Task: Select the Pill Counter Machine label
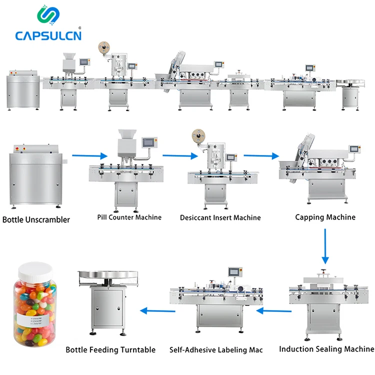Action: (129, 217)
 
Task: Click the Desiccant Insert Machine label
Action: (220, 217)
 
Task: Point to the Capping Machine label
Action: (325, 217)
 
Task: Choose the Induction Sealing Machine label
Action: (326, 349)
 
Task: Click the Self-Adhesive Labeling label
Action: (216, 350)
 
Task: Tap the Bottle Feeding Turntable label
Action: (110, 350)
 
